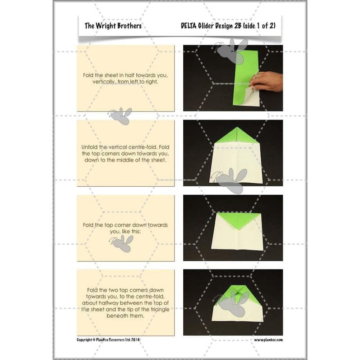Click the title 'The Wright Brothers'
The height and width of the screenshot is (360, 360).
click(x=113, y=26)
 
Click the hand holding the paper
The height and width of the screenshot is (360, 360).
click(x=267, y=81)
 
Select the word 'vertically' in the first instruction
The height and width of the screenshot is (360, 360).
click(x=106, y=83)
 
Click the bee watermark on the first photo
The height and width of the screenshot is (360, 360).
click(x=232, y=51)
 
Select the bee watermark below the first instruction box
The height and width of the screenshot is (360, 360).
click(x=120, y=116)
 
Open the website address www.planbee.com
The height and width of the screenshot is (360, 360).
click(x=268, y=339)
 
